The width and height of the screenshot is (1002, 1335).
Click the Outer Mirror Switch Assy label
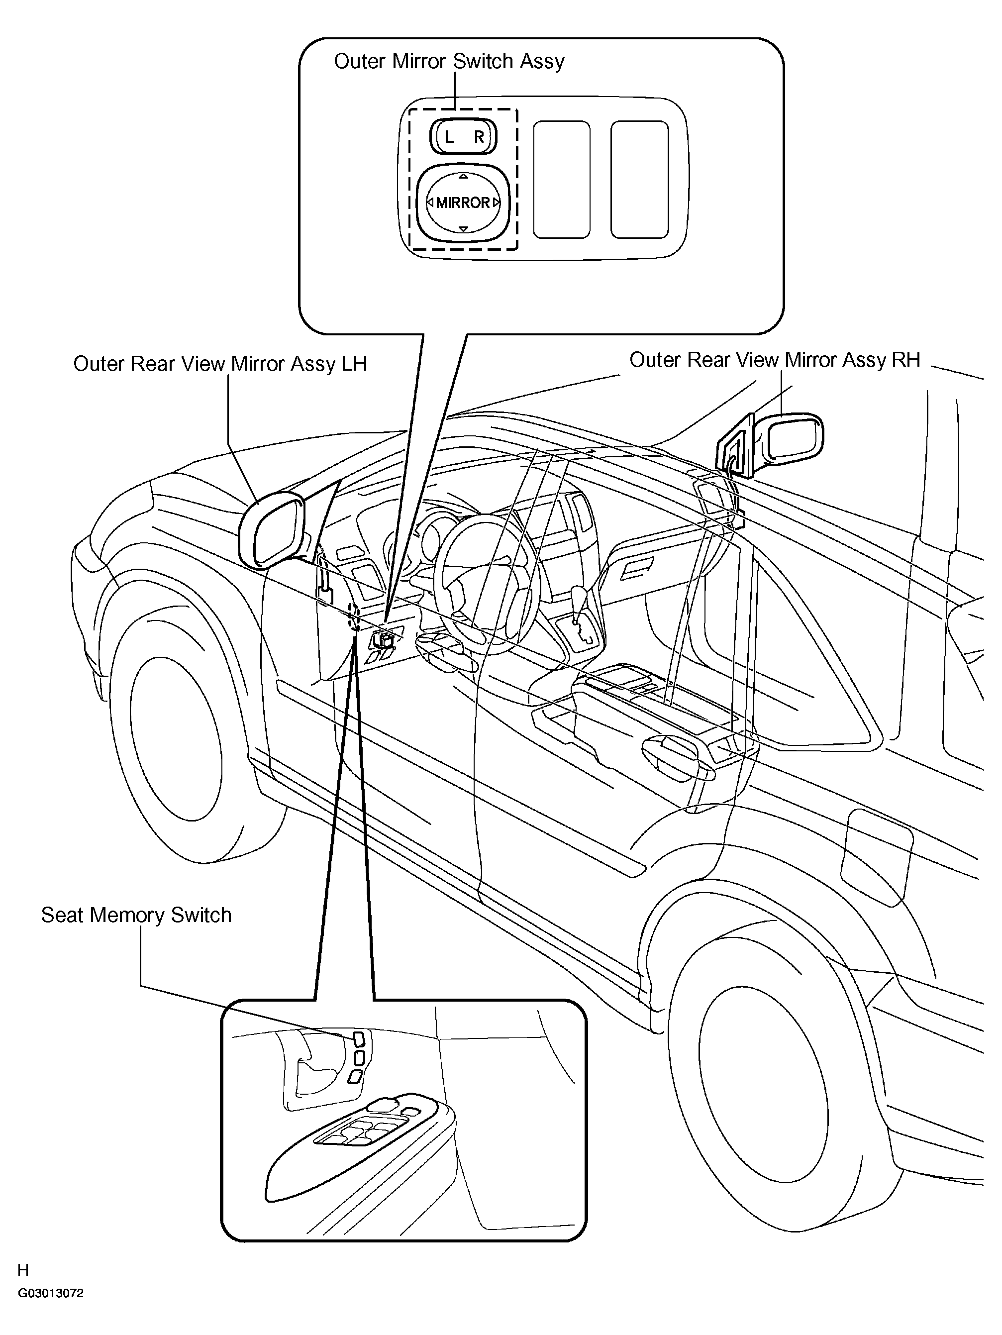449,62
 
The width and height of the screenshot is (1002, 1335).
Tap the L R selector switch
463,136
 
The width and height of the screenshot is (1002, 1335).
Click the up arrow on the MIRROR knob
463,176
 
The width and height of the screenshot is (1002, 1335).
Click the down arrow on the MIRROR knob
463,229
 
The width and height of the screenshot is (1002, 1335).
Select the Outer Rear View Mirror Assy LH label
220,364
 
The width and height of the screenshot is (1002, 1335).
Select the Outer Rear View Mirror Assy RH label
775,360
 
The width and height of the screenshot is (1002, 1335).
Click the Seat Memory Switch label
136,915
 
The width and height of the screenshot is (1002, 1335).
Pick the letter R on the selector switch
479,137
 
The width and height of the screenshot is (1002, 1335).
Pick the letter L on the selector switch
448,137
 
